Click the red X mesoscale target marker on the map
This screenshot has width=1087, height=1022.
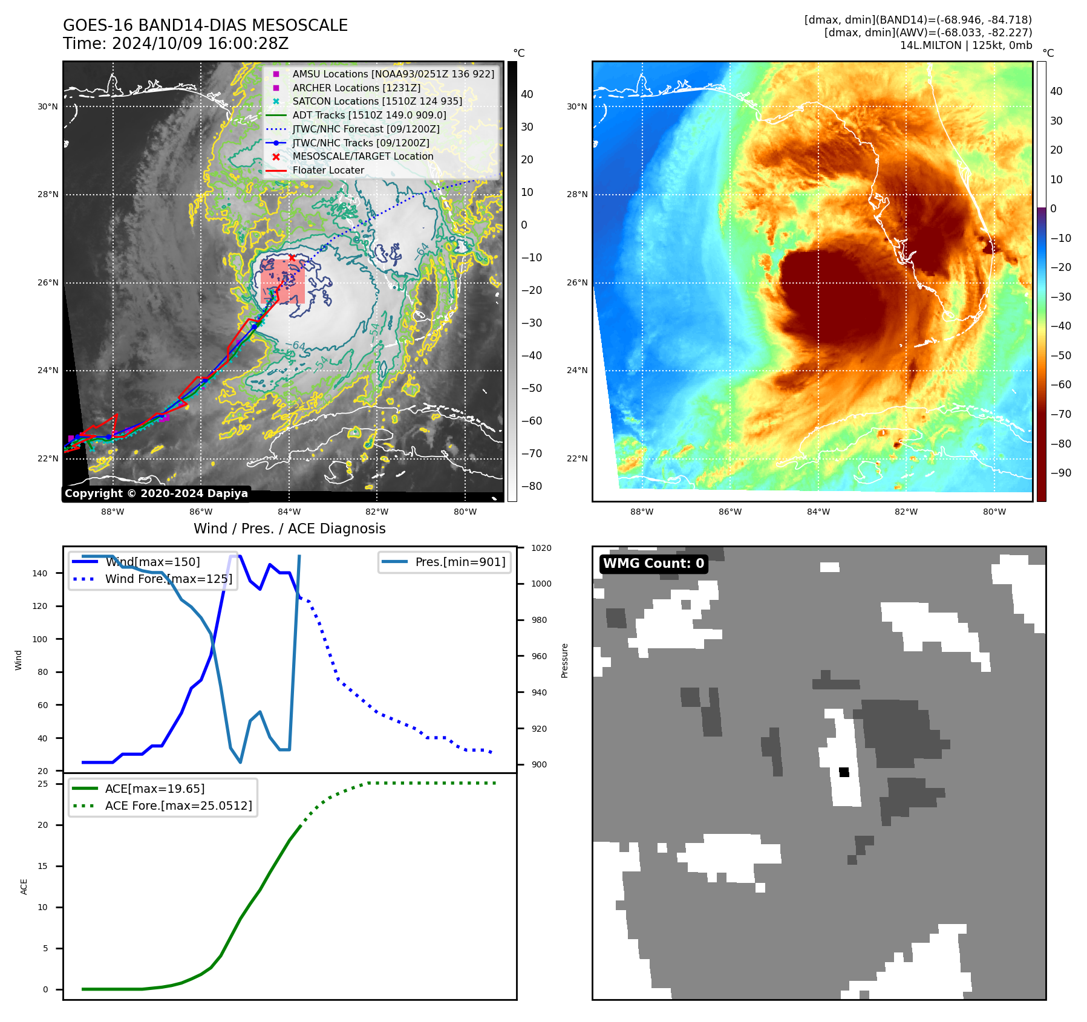click(292, 258)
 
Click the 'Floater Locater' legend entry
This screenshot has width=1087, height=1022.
click(328, 171)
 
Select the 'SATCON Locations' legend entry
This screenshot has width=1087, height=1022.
click(377, 102)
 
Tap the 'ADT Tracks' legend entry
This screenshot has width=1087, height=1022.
click(369, 116)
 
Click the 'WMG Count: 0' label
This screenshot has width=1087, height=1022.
click(653, 564)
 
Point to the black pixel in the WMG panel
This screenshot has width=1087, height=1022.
click(844, 772)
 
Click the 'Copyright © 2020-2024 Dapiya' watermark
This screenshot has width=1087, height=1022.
click(156, 493)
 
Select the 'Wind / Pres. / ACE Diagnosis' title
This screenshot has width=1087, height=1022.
click(289, 529)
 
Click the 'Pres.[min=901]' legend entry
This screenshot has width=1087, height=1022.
click(460, 562)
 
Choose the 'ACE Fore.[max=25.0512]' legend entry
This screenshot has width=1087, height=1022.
click(178, 806)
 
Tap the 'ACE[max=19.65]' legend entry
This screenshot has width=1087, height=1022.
click(154, 789)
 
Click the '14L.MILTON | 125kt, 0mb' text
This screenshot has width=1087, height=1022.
click(965, 45)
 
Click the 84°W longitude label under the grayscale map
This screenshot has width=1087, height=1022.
click(289, 512)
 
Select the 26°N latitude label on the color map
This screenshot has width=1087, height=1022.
click(576, 282)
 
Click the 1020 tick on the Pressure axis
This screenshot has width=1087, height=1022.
click(541, 548)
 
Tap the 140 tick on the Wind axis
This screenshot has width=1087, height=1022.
click(40, 573)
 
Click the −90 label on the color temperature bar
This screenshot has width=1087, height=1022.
click(1060, 473)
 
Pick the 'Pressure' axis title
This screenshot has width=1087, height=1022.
click(564, 660)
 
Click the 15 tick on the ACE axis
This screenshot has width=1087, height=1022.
click(42, 866)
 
